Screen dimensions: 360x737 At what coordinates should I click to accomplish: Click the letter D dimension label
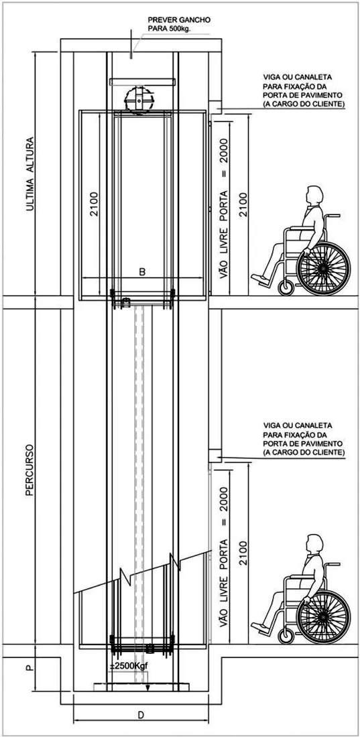[140, 715]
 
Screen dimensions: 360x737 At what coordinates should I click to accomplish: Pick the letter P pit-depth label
[30, 668]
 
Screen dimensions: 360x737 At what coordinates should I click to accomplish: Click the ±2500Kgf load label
[127, 667]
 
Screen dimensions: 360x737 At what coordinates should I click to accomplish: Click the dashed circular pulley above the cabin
[139, 100]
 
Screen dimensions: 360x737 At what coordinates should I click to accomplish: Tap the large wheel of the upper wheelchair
[323, 269]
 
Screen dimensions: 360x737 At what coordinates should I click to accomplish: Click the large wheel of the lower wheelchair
[323, 616]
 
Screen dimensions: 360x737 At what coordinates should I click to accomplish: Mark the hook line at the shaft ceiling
[131, 45]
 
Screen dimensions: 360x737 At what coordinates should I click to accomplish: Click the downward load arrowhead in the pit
[147, 688]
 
